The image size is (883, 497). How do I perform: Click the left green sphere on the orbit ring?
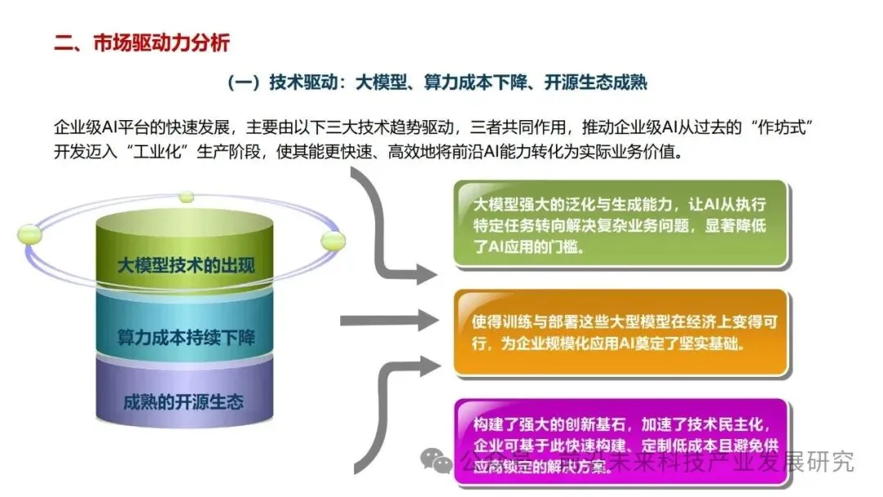[30, 234]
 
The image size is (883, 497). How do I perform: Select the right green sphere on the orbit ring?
[333, 240]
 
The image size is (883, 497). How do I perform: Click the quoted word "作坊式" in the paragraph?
[787, 128]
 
